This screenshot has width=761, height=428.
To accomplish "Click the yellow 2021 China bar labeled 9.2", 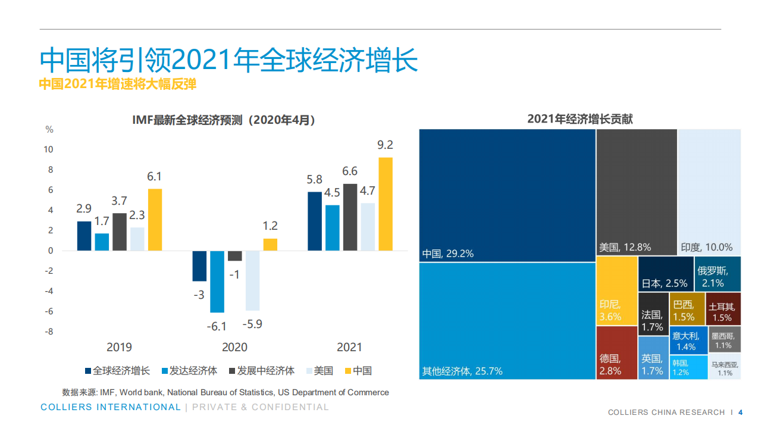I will tap(386, 204).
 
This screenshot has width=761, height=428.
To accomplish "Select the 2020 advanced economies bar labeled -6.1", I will tap(217, 281).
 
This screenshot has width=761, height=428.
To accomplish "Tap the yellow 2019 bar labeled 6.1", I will tap(155, 219).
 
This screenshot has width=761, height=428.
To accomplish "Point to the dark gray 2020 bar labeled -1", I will tap(235, 255).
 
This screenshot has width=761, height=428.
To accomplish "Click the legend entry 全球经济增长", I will tap(117, 370).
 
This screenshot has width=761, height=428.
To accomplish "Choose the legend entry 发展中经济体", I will tap(262, 370).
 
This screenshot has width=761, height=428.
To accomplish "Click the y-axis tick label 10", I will tap(49, 149).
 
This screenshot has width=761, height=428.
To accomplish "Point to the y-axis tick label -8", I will tap(49, 332).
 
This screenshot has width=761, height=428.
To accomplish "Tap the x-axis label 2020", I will tap(234, 347).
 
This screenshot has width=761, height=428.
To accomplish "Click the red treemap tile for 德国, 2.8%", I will tap(616, 352).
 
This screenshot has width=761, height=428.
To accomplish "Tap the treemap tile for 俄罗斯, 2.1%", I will tap(718, 274).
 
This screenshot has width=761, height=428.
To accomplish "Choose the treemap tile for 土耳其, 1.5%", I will tap(723, 308).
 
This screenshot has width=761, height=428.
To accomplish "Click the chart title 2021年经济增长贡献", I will tap(580, 119).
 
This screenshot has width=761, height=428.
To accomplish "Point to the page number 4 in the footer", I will tap(741, 412).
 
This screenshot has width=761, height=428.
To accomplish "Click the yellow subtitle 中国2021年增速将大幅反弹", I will tap(118, 85).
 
